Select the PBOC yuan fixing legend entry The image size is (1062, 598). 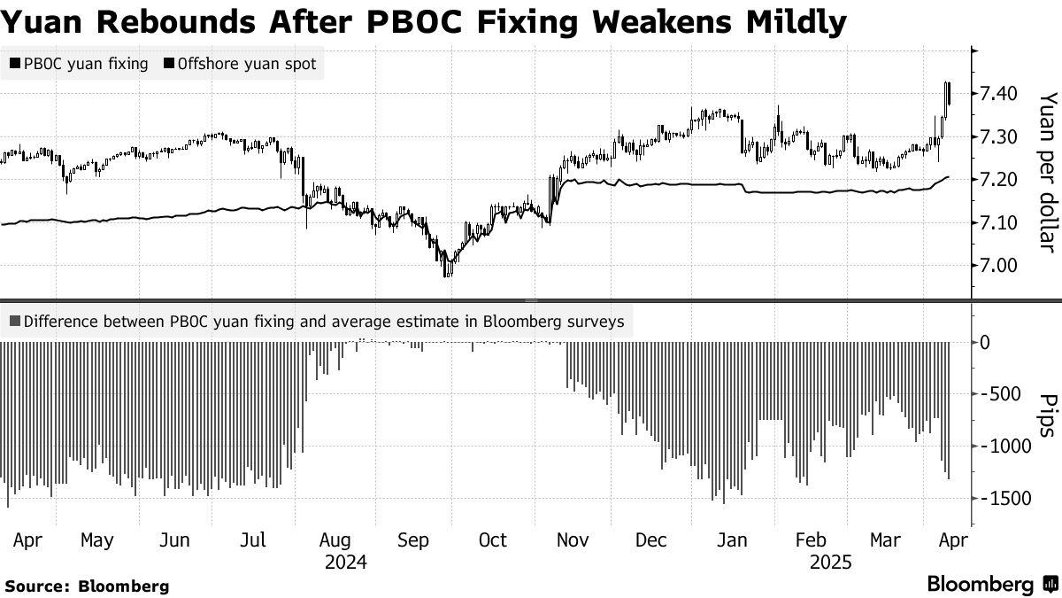click(79, 64)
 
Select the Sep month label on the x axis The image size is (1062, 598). click(413, 540)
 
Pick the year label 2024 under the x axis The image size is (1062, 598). click(346, 563)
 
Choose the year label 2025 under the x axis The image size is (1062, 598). click(832, 563)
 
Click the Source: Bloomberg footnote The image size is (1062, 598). click(87, 586)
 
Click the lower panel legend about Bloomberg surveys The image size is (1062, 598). click(318, 322)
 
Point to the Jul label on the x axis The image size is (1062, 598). click(255, 540)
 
